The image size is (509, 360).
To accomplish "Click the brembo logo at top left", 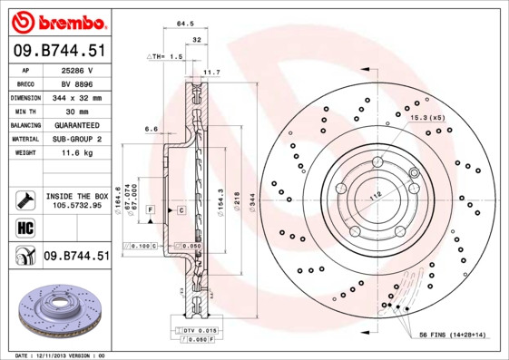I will pos(56,21).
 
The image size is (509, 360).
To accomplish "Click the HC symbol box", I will pos(24,228).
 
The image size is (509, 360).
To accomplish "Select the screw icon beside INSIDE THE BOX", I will pos(24,200).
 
